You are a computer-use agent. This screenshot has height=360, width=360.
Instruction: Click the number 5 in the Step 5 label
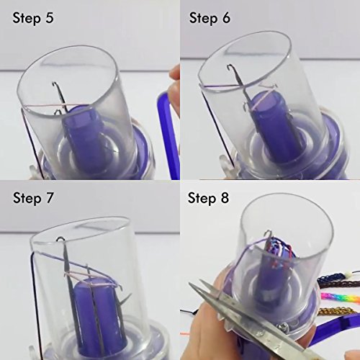pos(50,18)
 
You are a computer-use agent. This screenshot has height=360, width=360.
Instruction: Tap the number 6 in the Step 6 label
pos(226,18)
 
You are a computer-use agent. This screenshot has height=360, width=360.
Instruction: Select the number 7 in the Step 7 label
pos(49,198)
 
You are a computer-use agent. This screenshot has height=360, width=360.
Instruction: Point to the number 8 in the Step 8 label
pos(225,198)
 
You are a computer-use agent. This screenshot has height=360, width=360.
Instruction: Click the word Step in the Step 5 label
pos(27,18)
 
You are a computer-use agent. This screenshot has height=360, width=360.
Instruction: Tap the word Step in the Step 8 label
pos(202,198)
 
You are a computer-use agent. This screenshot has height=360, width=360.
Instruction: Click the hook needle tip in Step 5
pos(54,84)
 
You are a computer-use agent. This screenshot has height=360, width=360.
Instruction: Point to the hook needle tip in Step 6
pos(230,66)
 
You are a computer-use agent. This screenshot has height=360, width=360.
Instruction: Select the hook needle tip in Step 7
pos(60,239)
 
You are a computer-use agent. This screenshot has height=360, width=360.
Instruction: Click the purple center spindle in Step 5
pos(84,139)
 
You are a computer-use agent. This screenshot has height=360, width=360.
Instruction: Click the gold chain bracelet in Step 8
pos(337,312)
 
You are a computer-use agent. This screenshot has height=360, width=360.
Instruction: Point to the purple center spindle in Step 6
pos(269,127)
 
